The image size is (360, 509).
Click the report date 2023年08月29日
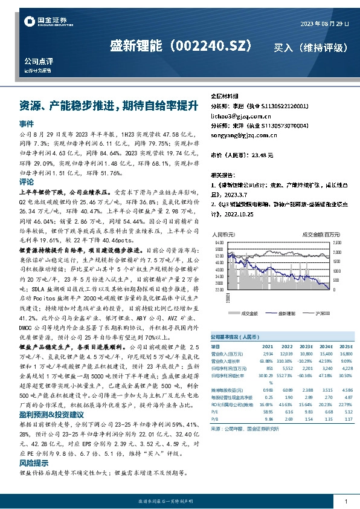click(324, 23)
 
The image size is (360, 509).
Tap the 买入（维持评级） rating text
click(310, 47)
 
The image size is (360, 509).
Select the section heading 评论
click(26, 181)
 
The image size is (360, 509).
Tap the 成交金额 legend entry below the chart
click(249, 313)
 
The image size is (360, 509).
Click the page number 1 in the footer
click(346, 502)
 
